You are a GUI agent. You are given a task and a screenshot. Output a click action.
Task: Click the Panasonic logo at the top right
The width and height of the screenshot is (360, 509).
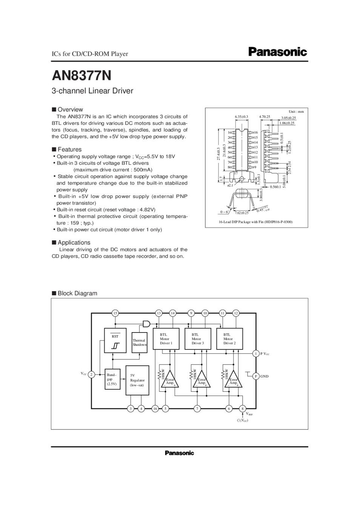coord(277,52)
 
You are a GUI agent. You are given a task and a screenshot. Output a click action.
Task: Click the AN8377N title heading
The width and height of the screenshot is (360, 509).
coord(82,76)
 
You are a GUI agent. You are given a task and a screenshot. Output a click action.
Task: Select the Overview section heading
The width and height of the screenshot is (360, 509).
coord(70,110)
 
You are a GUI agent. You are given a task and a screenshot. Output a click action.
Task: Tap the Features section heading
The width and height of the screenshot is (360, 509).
coord(69,149)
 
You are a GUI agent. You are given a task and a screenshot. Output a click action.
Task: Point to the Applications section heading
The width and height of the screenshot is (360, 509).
coord(74,242)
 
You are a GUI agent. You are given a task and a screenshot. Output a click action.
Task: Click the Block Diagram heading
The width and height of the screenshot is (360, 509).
coord(77,293)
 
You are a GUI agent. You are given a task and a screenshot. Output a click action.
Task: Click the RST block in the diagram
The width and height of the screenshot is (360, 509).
coord(115,340)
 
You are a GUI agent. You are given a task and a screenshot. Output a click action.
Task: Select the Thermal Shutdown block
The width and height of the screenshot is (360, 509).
coord(139,342)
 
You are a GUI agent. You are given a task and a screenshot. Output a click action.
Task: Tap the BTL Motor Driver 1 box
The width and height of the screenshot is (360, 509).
coord(166,339)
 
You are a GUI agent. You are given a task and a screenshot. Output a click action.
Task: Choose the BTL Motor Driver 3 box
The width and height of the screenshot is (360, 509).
coord(198,339)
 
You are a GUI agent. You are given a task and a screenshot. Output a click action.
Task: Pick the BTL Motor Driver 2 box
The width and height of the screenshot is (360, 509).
coord(229,339)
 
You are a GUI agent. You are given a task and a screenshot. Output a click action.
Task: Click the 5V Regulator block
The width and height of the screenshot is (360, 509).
coord(137,380)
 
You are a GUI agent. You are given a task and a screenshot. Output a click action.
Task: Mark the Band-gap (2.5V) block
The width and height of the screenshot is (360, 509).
coord(112,379)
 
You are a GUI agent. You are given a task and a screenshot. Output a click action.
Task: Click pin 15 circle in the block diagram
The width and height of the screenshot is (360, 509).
coord(115,313)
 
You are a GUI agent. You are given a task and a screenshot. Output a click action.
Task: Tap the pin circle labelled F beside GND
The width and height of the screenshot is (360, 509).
coord(256,376)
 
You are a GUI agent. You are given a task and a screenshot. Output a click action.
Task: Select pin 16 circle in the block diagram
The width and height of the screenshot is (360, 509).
coord(155,408)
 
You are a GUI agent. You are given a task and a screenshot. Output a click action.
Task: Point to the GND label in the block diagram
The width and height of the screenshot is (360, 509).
coord(265,376)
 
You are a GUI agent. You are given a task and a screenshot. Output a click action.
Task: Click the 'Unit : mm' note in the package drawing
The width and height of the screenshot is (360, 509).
coord(296,112)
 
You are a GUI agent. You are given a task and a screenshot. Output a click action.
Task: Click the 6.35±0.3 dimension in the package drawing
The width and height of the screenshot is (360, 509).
coord(242,117)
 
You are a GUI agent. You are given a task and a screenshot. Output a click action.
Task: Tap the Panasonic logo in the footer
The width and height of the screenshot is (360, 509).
coord(179,453)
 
